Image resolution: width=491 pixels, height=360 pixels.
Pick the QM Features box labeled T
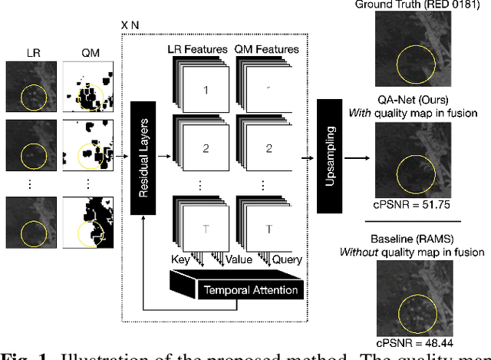tap(269, 230)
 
